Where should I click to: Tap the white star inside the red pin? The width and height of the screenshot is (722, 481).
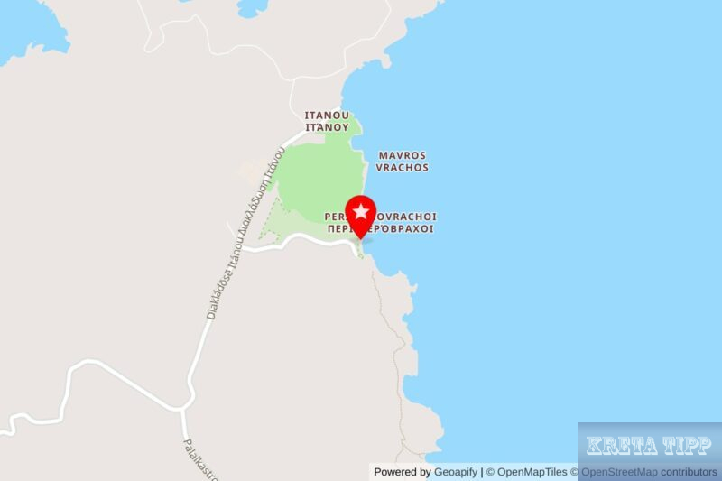pos(361,212)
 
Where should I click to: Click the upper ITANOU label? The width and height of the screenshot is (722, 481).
pos(327,116)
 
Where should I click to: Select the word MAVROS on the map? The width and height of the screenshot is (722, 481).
pos(403,155)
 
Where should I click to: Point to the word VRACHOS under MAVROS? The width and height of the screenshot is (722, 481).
pos(403,168)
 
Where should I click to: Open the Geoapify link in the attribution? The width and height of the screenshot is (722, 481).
pos(456,472)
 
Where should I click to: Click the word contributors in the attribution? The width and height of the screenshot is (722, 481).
pos(689,472)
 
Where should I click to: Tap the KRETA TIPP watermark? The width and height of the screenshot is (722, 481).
pos(649,445)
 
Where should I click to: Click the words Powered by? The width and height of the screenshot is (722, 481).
pos(403,472)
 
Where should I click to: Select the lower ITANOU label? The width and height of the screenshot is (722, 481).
pos(327,128)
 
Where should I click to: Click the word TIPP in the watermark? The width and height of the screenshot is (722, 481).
pos(688,445)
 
